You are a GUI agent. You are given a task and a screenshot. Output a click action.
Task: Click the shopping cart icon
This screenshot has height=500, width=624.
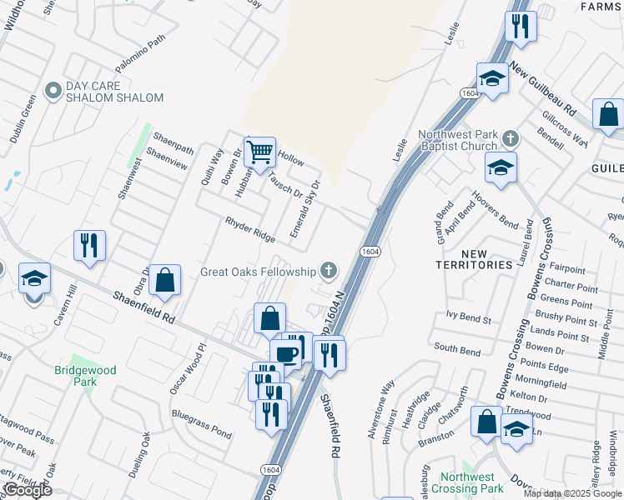[260, 152]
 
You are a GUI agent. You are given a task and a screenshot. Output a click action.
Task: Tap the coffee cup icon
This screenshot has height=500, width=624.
[286, 353]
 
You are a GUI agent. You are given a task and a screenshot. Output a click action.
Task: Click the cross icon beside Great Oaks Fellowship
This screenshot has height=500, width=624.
[330, 270]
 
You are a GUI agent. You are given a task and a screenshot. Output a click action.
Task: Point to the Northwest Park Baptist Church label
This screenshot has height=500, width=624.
[458, 140]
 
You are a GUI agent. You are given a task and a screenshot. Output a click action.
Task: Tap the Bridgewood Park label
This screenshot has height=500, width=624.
[75, 376]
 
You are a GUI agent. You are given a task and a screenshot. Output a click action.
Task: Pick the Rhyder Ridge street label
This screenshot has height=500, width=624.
[250, 230]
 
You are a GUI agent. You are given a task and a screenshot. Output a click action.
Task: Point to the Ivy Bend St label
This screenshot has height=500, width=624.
[468, 316]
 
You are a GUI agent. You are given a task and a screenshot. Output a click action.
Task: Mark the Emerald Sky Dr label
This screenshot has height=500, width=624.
[304, 207]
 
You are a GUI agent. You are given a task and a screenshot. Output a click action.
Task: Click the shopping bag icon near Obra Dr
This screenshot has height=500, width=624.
[165, 281]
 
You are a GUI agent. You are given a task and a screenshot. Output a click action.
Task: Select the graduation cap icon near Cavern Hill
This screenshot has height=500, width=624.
[34, 278]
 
